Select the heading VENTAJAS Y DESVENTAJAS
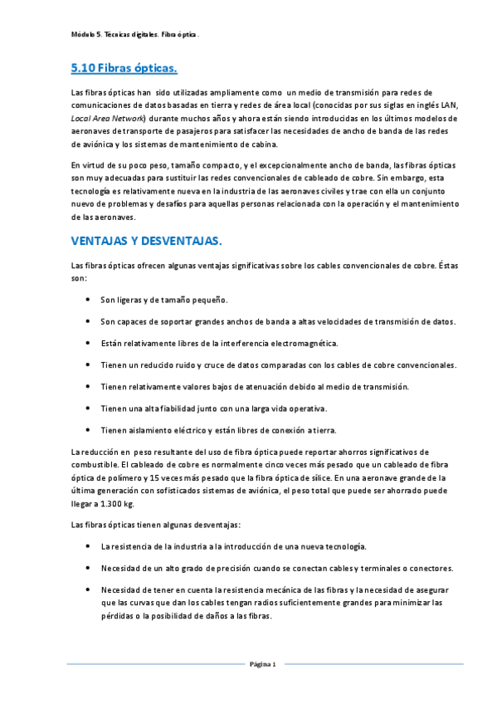click(x=146, y=241)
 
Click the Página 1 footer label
click(x=263, y=664)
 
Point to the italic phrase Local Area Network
click(x=102, y=119)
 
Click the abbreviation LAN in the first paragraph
click(x=447, y=106)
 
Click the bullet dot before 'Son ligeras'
click(x=89, y=300)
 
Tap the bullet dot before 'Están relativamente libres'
click(x=89, y=343)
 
